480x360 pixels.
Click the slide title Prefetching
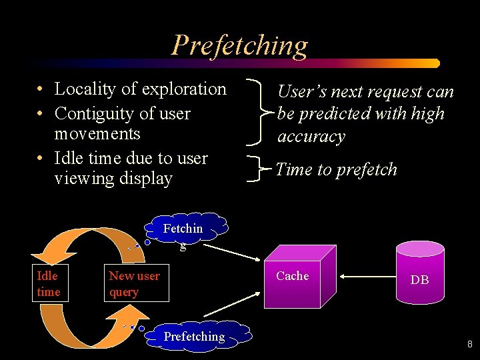coord(240,45)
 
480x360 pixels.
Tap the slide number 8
coord(469,345)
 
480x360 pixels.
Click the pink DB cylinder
coord(419,273)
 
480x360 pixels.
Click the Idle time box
coord(49,284)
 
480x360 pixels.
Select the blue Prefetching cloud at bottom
coord(195,337)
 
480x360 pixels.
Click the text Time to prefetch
coord(336,170)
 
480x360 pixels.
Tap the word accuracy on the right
coord(311,137)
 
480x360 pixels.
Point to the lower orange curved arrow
coord(67,327)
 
